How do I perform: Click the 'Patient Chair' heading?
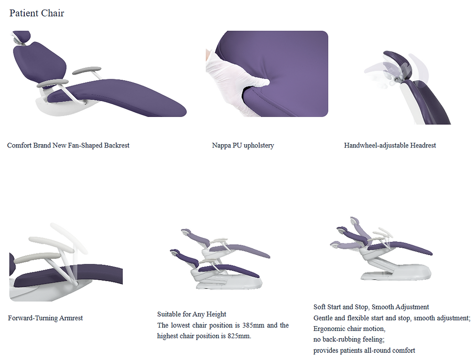click(37, 14)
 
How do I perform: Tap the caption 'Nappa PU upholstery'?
click(243, 146)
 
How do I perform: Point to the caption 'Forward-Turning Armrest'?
click(45, 318)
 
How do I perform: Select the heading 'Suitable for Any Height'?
click(192, 315)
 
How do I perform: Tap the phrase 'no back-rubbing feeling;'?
click(349, 339)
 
